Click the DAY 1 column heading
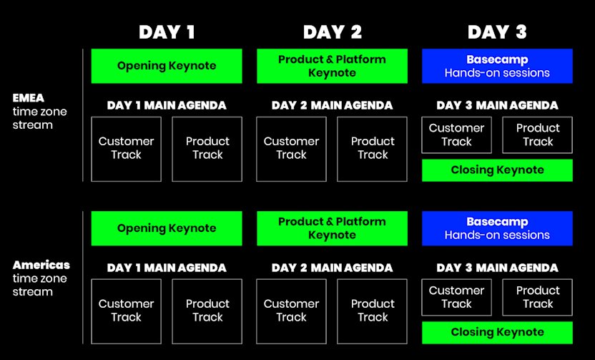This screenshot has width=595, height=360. pyautogui.click(x=167, y=32)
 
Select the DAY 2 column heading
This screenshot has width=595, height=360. pyautogui.click(x=333, y=32)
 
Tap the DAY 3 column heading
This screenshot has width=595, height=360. pyautogui.click(x=497, y=32)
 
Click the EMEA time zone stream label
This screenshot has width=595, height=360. pyautogui.click(x=39, y=111)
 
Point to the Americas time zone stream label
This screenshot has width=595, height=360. pyautogui.click(x=41, y=278)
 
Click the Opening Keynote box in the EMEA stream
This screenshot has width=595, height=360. pyautogui.click(x=167, y=66)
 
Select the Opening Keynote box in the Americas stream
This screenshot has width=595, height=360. pyautogui.click(x=167, y=228)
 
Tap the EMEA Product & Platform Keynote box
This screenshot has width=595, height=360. pyautogui.click(x=332, y=66)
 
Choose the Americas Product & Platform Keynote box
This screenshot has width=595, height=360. pyautogui.click(x=332, y=228)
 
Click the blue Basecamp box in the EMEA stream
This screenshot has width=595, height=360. pyautogui.click(x=497, y=66)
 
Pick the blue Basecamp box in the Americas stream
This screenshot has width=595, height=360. pyautogui.click(x=497, y=228)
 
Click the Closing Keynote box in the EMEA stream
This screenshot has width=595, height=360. pyautogui.click(x=497, y=170)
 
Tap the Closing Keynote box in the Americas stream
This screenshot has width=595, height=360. pyautogui.click(x=497, y=333)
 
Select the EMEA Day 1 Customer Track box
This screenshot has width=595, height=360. pyautogui.click(x=127, y=149)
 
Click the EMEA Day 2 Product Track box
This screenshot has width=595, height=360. pyautogui.click(x=373, y=149)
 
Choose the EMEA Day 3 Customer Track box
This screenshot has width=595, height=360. pyautogui.click(x=456, y=135)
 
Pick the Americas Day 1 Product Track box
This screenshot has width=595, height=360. pyautogui.click(x=207, y=311)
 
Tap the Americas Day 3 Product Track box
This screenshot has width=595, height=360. pyautogui.click(x=537, y=297)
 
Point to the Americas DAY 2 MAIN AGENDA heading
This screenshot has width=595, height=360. pyautogui.click(x=332, y=268)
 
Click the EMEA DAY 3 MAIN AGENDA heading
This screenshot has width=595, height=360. pyautogui.click(x=497, y=105)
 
